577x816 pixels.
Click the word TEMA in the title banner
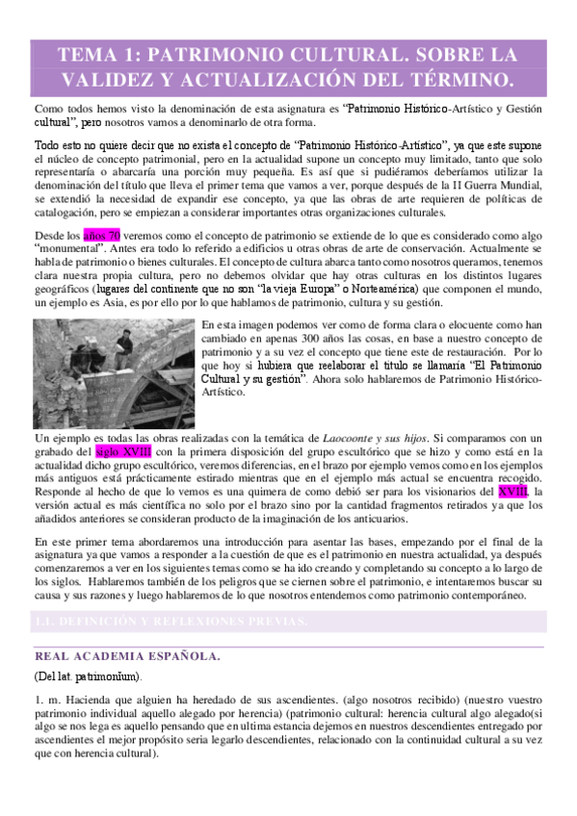click(x=89, y=54)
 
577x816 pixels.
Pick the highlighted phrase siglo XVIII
click(x=122, y=450)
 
